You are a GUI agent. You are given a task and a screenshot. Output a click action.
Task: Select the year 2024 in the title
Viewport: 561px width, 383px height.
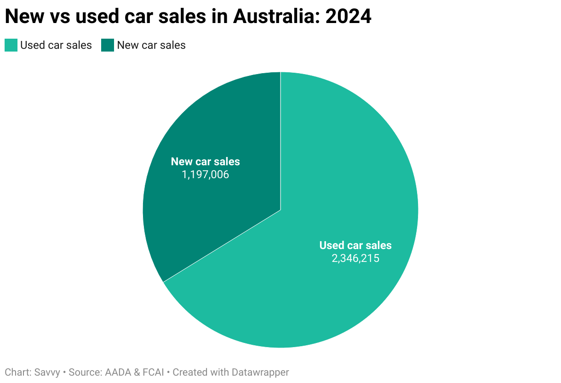348,17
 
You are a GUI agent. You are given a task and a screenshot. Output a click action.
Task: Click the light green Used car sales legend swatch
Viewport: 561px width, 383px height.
11,45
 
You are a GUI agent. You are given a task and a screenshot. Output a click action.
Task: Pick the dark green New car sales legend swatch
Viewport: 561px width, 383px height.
108,45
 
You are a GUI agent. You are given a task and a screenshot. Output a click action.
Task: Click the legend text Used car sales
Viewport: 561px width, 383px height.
56,45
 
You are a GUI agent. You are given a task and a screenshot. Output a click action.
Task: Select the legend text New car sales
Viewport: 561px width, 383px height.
151,45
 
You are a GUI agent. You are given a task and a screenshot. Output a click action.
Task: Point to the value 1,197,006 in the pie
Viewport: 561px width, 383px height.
206,174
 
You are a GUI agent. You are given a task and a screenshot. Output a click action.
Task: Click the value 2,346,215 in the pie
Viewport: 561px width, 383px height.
355,258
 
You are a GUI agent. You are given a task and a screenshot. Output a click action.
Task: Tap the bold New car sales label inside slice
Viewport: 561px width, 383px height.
206,162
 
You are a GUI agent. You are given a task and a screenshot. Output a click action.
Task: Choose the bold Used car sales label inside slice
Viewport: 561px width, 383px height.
355,245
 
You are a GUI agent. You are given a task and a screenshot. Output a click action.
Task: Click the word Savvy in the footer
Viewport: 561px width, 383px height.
47,372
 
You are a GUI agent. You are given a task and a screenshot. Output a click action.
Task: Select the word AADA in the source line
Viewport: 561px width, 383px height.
117,372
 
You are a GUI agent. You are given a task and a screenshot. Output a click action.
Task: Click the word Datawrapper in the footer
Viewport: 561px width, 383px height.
260,372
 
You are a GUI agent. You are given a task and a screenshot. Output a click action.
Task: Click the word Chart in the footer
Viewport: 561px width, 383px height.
17,372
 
